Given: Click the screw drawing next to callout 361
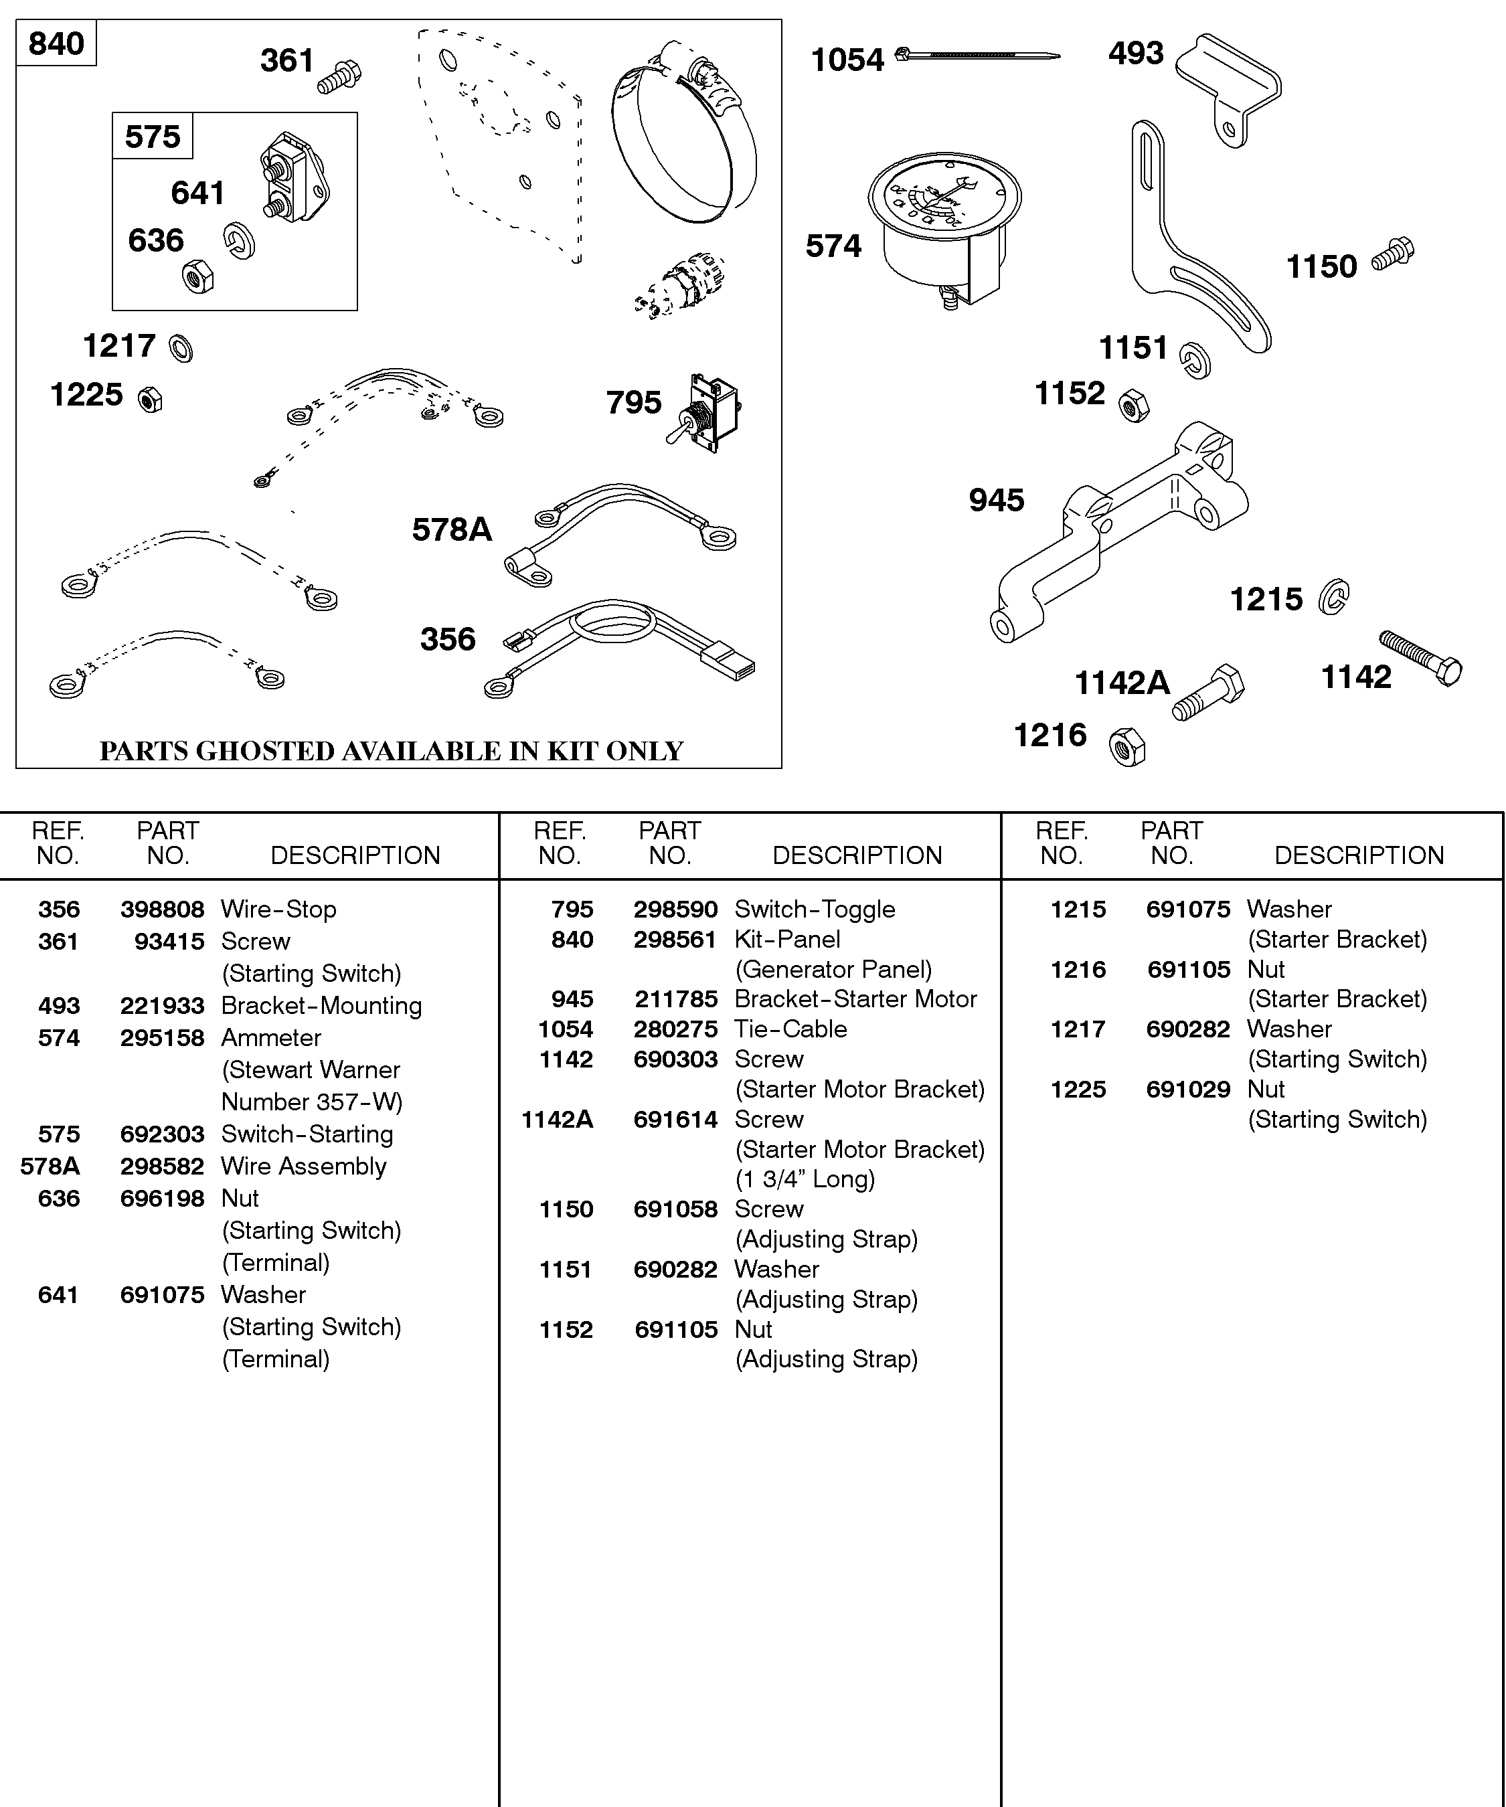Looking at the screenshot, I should click(341, 76).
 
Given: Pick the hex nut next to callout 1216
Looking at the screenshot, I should click(1127, 746).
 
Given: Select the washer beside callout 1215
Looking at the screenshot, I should click(1334, 597).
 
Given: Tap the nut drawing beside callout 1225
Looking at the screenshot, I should click(151, 400).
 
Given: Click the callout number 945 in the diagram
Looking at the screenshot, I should click(997, 500).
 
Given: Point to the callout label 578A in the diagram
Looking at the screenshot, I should click(452, 529).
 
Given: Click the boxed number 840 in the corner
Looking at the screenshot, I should click(56, 43).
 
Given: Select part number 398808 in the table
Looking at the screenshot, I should click(162, 909).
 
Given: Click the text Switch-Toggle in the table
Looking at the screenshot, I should click(814, 909).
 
